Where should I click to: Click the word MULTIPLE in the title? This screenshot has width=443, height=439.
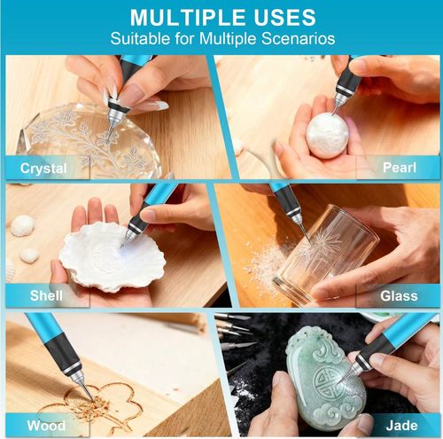point(187,18)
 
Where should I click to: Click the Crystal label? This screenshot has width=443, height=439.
point(43,169)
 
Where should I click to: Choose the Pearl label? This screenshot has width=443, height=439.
point(400,168)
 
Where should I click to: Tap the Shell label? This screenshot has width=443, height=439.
point(46,295)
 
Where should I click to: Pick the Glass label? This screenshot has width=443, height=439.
point(399,296)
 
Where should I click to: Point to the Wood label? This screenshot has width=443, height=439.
point(46,426)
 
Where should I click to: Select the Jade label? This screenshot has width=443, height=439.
point(401,426)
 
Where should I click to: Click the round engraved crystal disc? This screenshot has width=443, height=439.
point(90,139)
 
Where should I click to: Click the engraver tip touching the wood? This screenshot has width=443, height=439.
point(93,400)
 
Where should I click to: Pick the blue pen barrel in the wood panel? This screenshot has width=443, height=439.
point(42,325)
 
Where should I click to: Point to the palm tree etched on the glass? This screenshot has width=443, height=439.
point(319,246)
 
